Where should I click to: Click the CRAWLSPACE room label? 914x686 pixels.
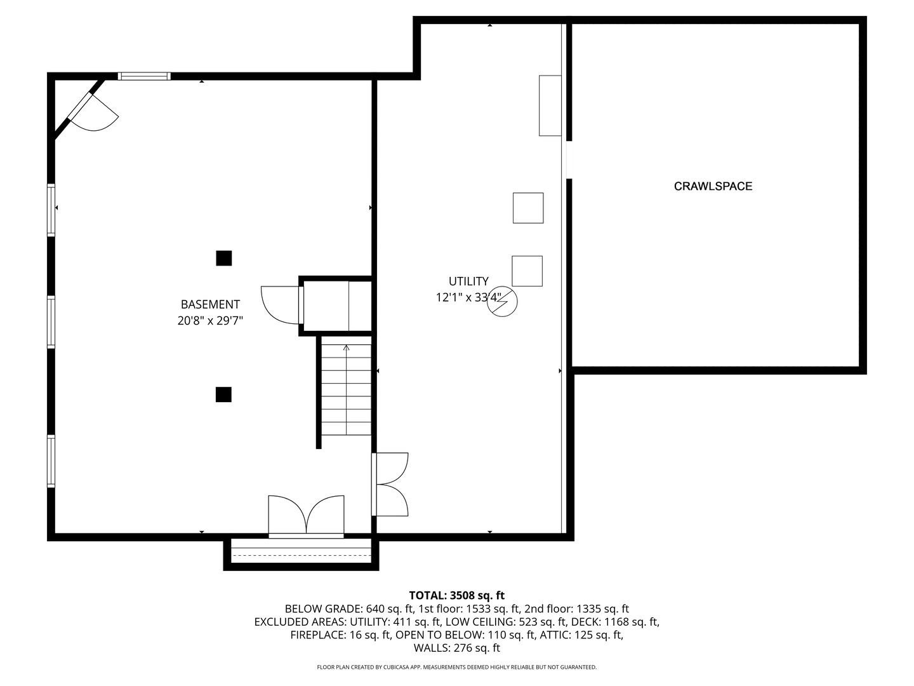click(713, 186)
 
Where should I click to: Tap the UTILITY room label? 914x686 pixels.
click(468, 281)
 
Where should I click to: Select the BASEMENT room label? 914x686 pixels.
click(210, 304)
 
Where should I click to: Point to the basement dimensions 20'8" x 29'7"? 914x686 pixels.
click(210, 321)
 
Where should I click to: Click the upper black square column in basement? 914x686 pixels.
click(223, 259)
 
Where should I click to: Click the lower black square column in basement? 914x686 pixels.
click(223, 394)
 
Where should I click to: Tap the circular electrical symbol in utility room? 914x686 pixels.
click(502, 302)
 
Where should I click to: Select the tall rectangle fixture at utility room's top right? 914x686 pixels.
click(550, 105)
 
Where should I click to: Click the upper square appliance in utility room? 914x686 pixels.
click(528, 208)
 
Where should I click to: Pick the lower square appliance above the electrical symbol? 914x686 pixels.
click(527, 271)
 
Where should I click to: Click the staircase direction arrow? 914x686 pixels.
click(346, 348)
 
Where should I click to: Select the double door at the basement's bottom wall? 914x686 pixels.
click(306, 516)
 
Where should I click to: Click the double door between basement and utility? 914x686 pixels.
click(390, 484)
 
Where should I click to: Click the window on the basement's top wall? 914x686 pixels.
click(144, 76)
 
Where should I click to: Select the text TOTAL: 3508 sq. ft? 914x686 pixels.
click(456, 595)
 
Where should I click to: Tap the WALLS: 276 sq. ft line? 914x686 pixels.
click(456, 648)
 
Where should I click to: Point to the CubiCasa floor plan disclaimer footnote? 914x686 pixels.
click(456, 667)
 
